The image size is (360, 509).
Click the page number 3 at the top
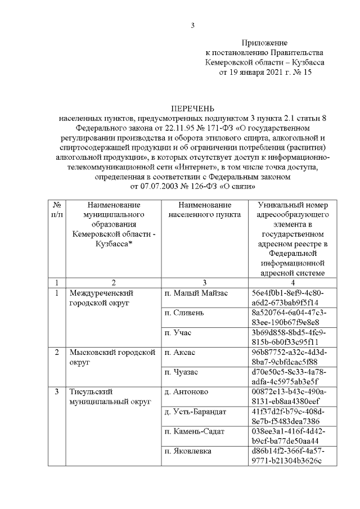click(193, 25)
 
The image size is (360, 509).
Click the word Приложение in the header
click(264, 43)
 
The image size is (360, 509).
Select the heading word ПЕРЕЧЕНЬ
click(193, 108)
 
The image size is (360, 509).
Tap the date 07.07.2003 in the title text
click(151, 184)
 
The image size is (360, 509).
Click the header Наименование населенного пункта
click(204, 210)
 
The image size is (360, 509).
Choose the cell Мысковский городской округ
click(111, 357)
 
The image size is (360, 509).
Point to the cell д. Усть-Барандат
click(195, 412)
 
